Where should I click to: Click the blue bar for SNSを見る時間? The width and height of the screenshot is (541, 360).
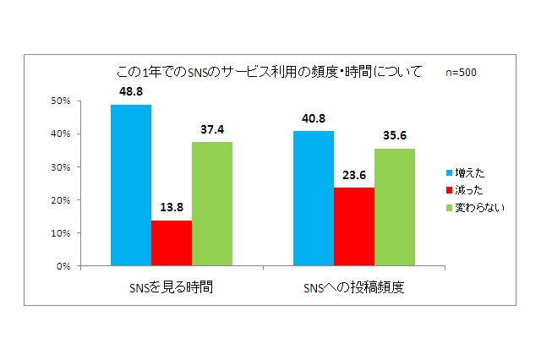click(131, 186)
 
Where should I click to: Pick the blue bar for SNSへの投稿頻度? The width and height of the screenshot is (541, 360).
click(314, 199)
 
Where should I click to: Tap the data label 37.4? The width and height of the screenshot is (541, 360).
click(212, 129)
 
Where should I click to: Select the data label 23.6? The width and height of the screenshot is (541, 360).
click(354, 175)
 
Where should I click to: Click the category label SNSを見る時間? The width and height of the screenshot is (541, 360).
click(172, 286)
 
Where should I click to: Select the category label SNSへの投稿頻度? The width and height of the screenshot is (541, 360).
click(354, 286)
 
